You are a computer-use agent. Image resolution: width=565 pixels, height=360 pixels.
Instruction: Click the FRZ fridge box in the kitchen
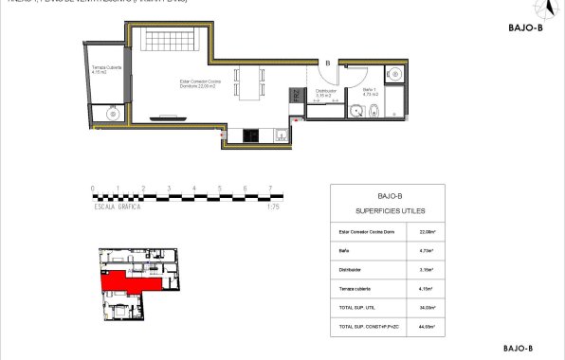pyautogui.click(x=296, y=95)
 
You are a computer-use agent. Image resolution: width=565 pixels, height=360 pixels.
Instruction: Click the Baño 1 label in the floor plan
pyautogui.click(x=371, y=92)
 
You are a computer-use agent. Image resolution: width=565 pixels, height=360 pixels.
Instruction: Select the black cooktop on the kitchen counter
pyautogui.click(x=250, y=135)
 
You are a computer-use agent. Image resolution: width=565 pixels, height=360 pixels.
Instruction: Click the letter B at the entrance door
pyautogui.click(x=327, y=63)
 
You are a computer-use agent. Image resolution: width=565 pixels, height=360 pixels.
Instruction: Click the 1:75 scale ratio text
pyautogui.click(x=274, y=207)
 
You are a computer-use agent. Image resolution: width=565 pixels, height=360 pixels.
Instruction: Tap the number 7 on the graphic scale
pyautogui.click(x=270, y=189)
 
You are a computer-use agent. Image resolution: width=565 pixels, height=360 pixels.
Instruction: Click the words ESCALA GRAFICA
pyautogui.click(x=117, y=207)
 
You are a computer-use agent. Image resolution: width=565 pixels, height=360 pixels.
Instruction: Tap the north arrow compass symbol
pyautogui.click(x=543, y=9)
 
